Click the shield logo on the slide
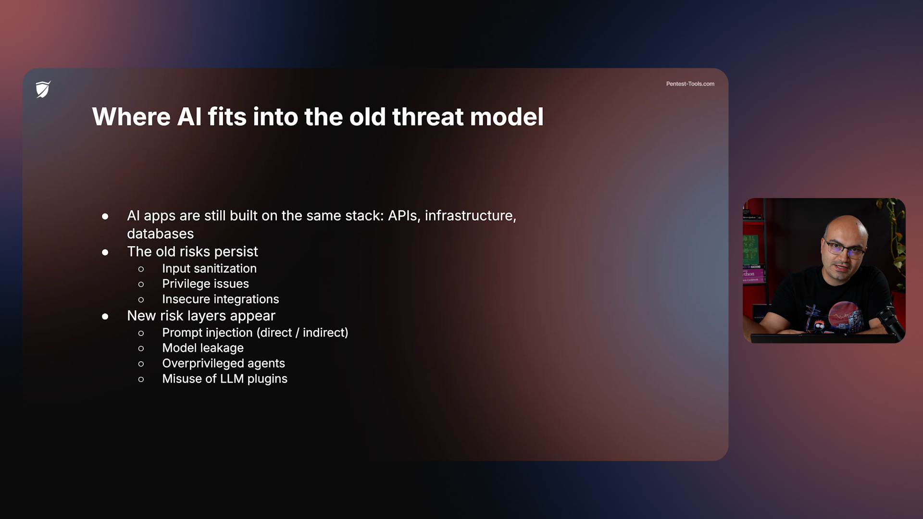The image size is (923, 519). pos(43,89)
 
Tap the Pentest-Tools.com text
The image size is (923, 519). pos(690,84)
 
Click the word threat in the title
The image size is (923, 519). pos(427,117)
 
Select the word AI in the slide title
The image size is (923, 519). pos(189,117)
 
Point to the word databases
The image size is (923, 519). pos(160,234)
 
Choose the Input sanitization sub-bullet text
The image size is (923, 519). pos(209,269)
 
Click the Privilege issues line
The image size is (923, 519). pos(205,284)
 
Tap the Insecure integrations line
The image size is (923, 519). pos(220,299)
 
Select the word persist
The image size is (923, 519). pos(236,252)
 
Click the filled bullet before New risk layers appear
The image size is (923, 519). pos(105,316)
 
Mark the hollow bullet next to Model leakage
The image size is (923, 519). pos(141,348)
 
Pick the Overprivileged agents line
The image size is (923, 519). pos(223,363)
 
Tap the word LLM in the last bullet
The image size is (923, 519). pos(232,379)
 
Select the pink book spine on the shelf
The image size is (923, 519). pos(752,274)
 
